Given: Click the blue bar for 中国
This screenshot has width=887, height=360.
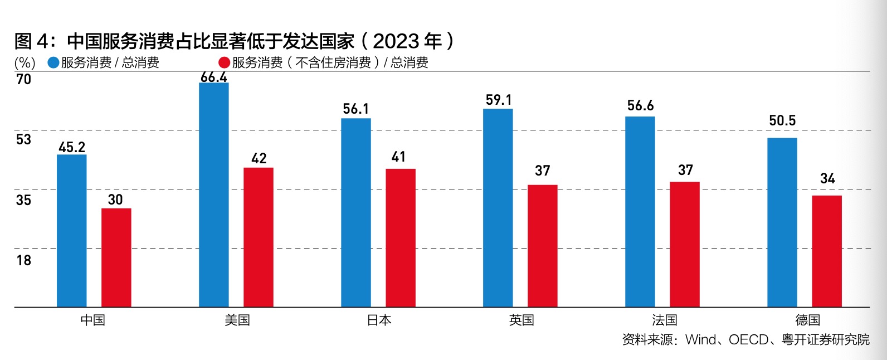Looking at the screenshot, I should [72, 231].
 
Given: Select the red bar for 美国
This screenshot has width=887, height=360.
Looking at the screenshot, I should [259, 237].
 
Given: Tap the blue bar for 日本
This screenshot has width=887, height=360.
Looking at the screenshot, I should [356, 212].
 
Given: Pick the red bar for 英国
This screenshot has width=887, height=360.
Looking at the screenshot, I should [543, 246].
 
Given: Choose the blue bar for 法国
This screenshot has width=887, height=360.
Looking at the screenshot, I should [640, 212].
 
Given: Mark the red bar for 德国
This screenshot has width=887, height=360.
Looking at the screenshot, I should [827, 251].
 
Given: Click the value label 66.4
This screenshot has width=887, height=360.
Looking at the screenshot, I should [214, 77].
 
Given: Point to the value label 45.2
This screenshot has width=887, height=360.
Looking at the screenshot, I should [72, 147].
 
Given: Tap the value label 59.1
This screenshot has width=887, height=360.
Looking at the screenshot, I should [499, 100].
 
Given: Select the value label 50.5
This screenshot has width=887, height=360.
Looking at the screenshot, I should [782, 121].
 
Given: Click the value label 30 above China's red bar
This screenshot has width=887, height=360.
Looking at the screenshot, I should [115, 200].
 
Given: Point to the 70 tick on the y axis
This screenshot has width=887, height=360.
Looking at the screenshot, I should [24, 80].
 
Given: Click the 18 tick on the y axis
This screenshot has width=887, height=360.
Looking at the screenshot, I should [24, 260].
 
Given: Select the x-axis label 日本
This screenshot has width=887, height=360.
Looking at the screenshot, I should [379, 320].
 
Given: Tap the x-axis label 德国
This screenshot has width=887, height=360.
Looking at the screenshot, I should [807, 320].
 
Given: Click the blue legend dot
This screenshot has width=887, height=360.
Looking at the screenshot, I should [53, 62].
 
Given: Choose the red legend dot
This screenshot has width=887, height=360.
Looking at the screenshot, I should [225, 62].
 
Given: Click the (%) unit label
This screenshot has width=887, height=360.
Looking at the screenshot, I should [25, 62].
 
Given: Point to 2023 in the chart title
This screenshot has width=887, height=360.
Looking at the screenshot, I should [396, 41].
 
